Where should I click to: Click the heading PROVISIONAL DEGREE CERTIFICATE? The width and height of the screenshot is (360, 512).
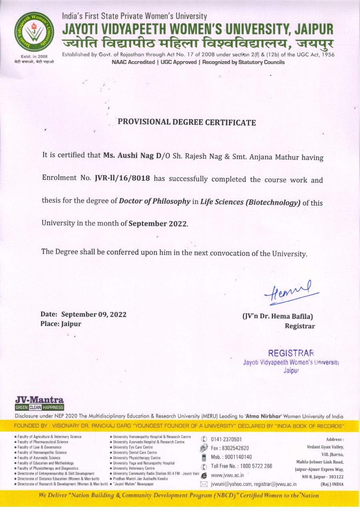(x=186, y=122)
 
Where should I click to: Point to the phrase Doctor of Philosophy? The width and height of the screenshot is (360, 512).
(x=154, y=202)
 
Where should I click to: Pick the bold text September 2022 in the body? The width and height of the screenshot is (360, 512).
(x=158, y=224)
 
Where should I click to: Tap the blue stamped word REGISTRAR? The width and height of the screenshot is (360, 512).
(x=291, y=354)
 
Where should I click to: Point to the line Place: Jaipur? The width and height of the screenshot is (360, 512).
(x=61, y=324)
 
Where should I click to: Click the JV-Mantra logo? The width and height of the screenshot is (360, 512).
(x=39, y=403)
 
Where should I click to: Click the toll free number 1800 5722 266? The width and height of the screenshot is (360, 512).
(x=242, y=466)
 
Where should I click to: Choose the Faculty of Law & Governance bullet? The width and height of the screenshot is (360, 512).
(x=39, y=447)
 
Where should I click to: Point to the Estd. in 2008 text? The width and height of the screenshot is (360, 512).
(x=34, y=56)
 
